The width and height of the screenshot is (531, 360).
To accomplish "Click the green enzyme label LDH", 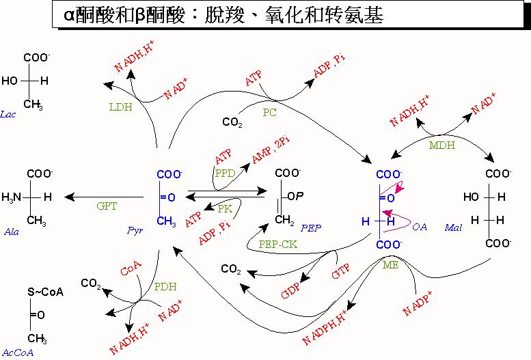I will click(120, 107).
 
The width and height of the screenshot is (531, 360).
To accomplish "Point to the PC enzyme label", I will click(270, 112).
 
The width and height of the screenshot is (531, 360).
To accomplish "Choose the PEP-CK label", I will click(277, 243).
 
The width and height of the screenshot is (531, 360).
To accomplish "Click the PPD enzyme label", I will click(225, 174).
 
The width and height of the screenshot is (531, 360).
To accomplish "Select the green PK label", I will click(225, 208).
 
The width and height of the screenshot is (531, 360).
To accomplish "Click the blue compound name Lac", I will click(9, 114).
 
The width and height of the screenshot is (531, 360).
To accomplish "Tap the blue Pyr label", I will click(135, 231).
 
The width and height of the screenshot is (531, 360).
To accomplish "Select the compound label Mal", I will click(453, 226).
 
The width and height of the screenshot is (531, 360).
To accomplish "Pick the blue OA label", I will click(420, 226).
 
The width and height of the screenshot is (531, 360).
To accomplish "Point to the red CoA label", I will click(131, 271).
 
